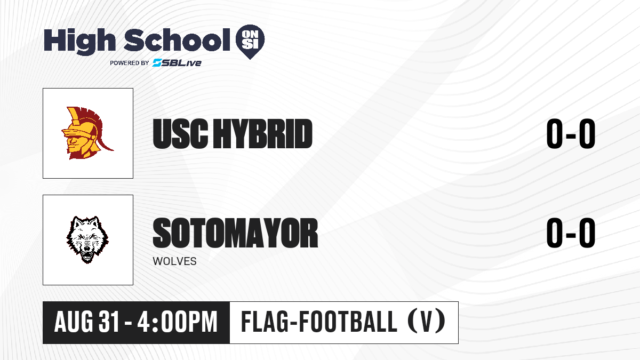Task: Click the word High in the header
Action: click(x=79, y=41)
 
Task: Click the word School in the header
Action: click(x=177, y=40)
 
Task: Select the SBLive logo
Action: click(x=177, y=63)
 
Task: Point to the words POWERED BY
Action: click(x=130, y=63)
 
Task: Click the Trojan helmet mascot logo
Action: click(x=87, y=133)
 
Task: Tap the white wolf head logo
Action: click(x=87, y=239)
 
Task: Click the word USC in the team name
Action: click(x=180, y=134)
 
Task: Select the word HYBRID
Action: click(x=263, y=134)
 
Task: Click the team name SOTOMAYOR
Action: click(x=235, y=233)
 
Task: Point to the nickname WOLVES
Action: click(x=174, y=261)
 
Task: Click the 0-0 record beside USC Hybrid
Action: click(x=571, y=134)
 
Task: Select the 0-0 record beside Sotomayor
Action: click(x=571, y=233)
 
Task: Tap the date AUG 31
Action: click(x=86, y=322)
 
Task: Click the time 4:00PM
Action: click(x=178, y=322)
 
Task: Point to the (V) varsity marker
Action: click(x=426, y=322)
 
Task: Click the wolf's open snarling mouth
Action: click(x=87, y=255)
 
